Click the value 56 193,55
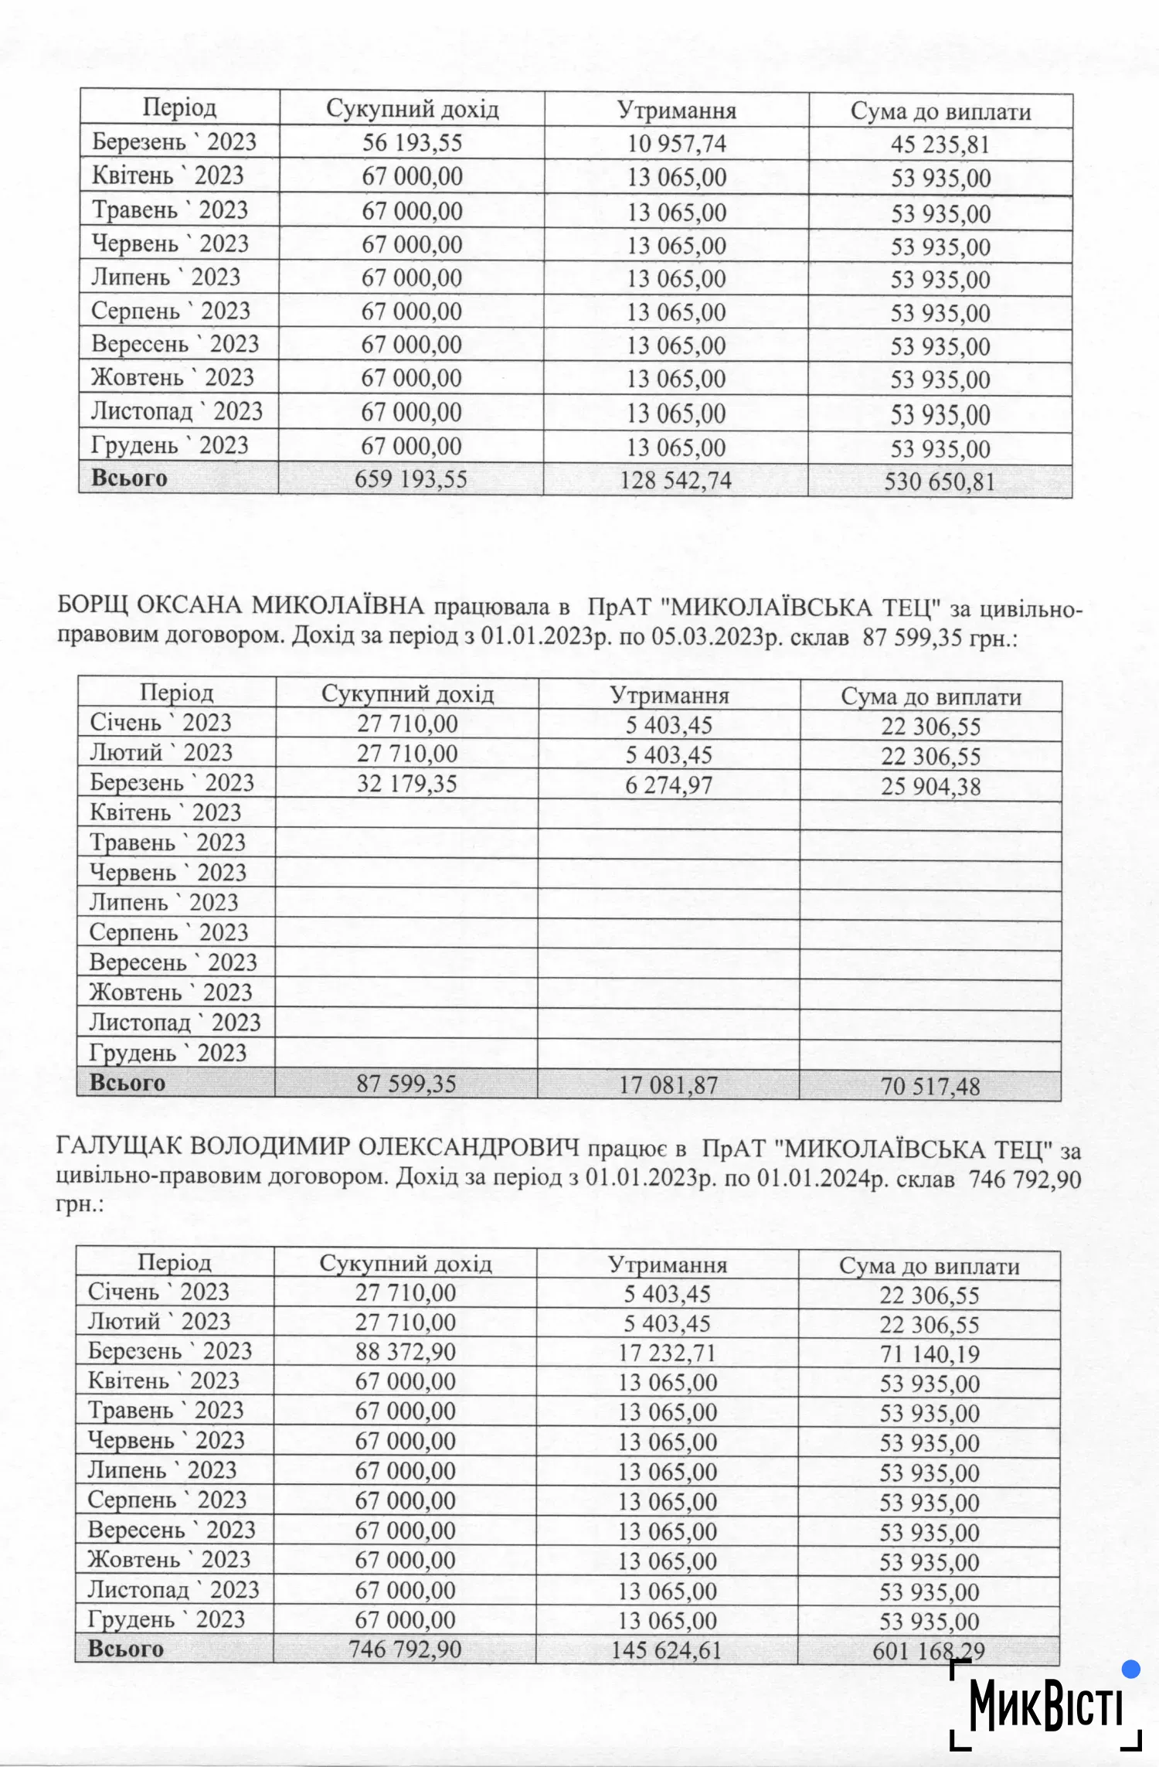click(412, 143)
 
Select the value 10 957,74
click(676, 144)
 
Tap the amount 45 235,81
click(940, 145)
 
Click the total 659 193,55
click(411, 480)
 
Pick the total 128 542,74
click(676, 481)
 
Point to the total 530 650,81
click(940, 482)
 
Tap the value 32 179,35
click(407, 784)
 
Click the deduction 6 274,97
click(669, 785)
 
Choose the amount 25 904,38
click(931, 787)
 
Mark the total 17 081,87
click(668, 1085)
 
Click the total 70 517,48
click(930, 1087)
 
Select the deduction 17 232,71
click(668, 1353)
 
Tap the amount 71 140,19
click(930, 1354)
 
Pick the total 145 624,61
click(666, 1650)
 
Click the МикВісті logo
click(1045, 1706)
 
